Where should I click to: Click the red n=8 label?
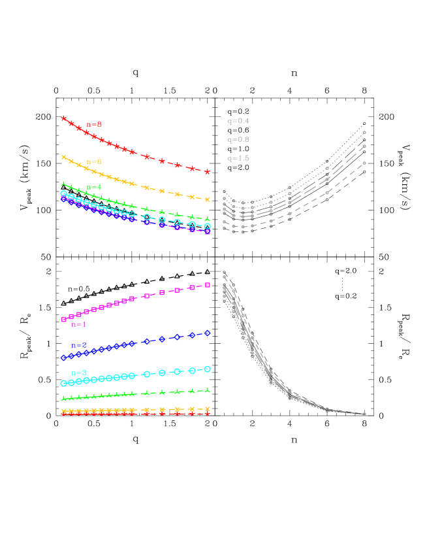[94, 124]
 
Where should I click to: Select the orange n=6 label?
[94, 161]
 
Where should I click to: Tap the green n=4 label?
[94, 187]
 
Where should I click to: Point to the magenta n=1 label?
[79, 324]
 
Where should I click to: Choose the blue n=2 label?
[79, 345]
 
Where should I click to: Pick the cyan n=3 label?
[79, 373]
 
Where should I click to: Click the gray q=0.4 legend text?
[238, 121]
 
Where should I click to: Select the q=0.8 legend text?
[238, 139]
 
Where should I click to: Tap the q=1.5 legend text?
[238, 158]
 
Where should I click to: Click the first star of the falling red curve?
[63, 118]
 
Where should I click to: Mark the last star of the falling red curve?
[208, 172]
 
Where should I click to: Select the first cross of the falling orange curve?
[63, 157]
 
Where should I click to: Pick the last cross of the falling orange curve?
[208, 199]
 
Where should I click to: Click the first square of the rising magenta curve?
[63, 320]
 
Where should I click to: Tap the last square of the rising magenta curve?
[208, 285]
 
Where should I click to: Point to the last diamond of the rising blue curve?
[208, 333]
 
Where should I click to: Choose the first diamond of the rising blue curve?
[63, 358]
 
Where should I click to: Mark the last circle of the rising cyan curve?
[208, 369]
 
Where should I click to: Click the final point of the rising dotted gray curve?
[364, 133]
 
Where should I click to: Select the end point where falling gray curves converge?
[364, 414]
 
